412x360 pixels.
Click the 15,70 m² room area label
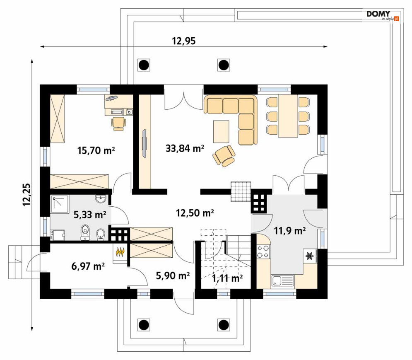pos(96,150)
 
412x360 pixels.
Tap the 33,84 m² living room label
pos(185,149)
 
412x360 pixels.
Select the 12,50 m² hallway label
pos(195,213)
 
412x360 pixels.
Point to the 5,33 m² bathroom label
pos(90,215)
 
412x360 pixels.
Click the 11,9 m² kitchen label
pos(290,231)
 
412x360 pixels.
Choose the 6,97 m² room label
pos(88,266)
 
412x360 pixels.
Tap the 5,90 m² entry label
pos(173,275)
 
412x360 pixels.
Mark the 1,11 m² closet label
pos(228,278)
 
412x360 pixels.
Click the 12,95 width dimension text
pos(184,41)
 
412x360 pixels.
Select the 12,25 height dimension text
pos(27,195)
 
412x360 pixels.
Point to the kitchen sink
pos(283,281)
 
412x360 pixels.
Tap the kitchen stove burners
pos(263,251)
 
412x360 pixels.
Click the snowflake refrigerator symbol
pos(310,256)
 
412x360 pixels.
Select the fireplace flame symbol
pos(120,252)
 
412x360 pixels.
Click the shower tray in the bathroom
pos(59,203)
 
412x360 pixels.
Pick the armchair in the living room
pos(224,156)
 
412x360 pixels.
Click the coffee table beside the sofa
pos(221,131)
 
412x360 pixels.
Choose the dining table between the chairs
pos(288,116)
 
